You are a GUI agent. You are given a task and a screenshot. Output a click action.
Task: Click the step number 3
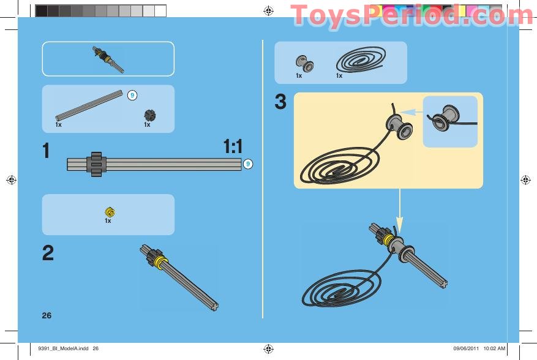pos(280,102)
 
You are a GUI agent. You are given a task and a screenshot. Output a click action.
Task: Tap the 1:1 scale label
pos(233,146)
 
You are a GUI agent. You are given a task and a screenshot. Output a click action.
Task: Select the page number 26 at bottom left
pos(47,315)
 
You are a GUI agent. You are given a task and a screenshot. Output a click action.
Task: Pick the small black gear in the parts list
pos(148,114)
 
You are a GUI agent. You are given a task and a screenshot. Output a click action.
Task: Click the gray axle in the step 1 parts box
pos(89,105)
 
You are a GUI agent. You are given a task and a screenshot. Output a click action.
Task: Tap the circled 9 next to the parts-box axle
pos(132,95)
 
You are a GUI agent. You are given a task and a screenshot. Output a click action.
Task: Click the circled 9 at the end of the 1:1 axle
pos(248,164)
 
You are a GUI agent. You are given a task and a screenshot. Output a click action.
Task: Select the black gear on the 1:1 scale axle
pos(96,164)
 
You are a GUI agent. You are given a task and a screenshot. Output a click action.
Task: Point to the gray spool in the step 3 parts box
pos(302,62)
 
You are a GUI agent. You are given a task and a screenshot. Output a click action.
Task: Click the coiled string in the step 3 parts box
pos(362,61)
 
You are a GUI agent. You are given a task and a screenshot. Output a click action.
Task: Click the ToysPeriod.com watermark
pos(404,15)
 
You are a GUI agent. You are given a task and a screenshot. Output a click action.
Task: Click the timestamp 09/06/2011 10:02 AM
pos(479,348)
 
